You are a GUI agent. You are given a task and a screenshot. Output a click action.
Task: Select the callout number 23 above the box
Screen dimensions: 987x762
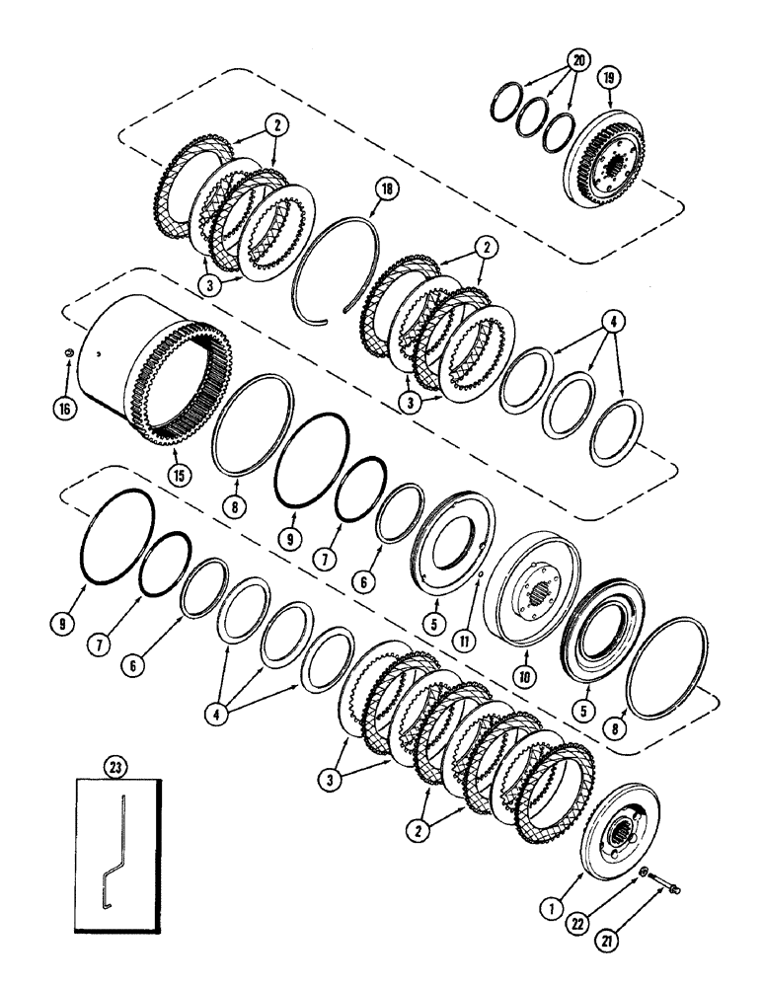(x=118, y=763)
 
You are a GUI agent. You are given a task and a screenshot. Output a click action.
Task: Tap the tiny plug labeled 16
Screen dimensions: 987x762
(x=66, y=354)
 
